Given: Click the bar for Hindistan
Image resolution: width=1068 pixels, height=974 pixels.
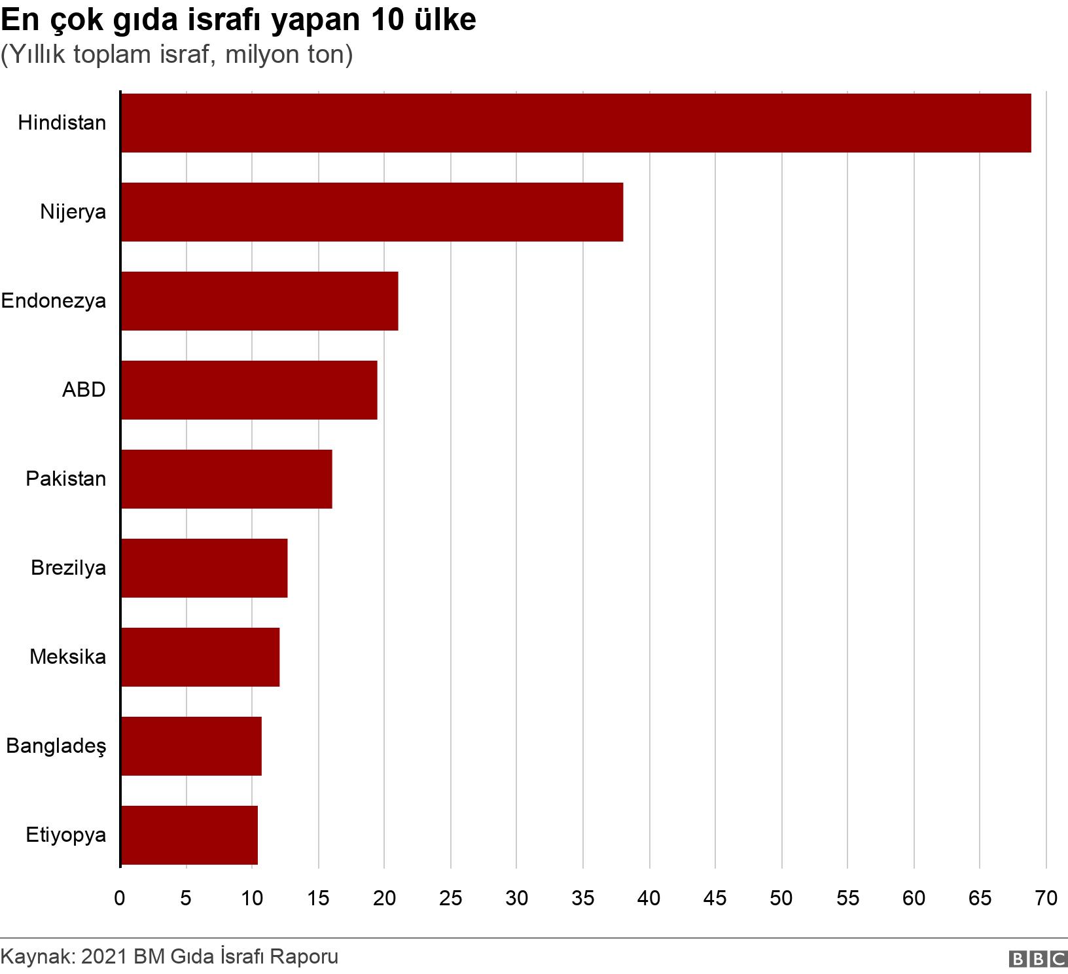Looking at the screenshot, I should coord(576,123).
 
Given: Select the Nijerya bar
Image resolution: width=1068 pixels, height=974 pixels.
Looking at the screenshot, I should coord(372,212).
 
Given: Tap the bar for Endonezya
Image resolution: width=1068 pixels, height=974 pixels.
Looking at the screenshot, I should coord(259,301).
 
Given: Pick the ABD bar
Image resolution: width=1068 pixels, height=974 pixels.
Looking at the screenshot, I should coord(249,390).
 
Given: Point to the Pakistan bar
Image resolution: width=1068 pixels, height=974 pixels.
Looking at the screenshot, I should coord(226,479).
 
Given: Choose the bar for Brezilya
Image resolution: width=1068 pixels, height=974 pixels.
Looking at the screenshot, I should coord(204,568).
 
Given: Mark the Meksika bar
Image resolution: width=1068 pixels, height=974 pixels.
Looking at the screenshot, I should coord(200,657).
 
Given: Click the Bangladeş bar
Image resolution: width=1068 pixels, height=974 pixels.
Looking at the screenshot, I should coord(191,746).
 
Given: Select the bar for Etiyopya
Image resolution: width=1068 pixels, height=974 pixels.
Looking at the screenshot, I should coord(189,835).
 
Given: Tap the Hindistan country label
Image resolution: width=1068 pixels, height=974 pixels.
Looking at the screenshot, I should coord(62,123).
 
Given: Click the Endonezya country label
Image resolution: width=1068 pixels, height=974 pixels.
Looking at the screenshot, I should coord(54,301).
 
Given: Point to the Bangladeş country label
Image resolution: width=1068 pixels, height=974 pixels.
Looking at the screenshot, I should coord(56,746).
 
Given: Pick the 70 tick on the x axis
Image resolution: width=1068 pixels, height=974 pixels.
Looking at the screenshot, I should coord(1046,898).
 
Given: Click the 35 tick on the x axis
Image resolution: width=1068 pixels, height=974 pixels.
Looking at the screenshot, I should coord(582,898).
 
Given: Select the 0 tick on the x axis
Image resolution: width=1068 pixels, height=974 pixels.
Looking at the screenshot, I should coord(120,898).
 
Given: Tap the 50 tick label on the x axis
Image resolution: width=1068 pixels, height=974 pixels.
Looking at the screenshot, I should coord(781,898).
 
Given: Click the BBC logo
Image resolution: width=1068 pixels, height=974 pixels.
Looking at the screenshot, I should coord(1038,959).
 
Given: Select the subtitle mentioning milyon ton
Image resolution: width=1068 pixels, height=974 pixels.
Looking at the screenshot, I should coord(177,55).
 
